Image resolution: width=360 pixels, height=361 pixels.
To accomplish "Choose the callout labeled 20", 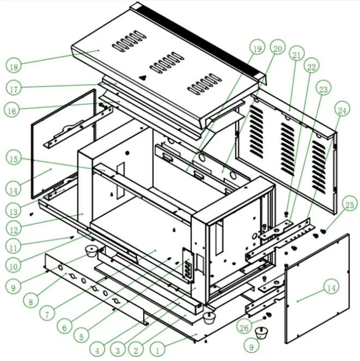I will click(x=277, y=50).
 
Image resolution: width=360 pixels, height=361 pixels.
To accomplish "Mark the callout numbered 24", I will click(x=341, y=111).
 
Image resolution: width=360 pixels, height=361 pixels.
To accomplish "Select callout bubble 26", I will click(x=245, y=327).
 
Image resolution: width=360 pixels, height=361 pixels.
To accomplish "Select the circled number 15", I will click(x=14, y=158).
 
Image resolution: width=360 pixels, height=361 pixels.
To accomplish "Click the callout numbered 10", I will click(x=14, y=266).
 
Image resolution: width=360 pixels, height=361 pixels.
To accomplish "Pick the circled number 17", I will click(x=14, y=87).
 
